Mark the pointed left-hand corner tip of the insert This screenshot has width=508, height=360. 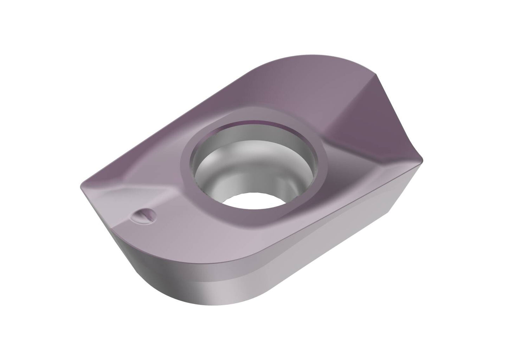[x=82, y=183]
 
